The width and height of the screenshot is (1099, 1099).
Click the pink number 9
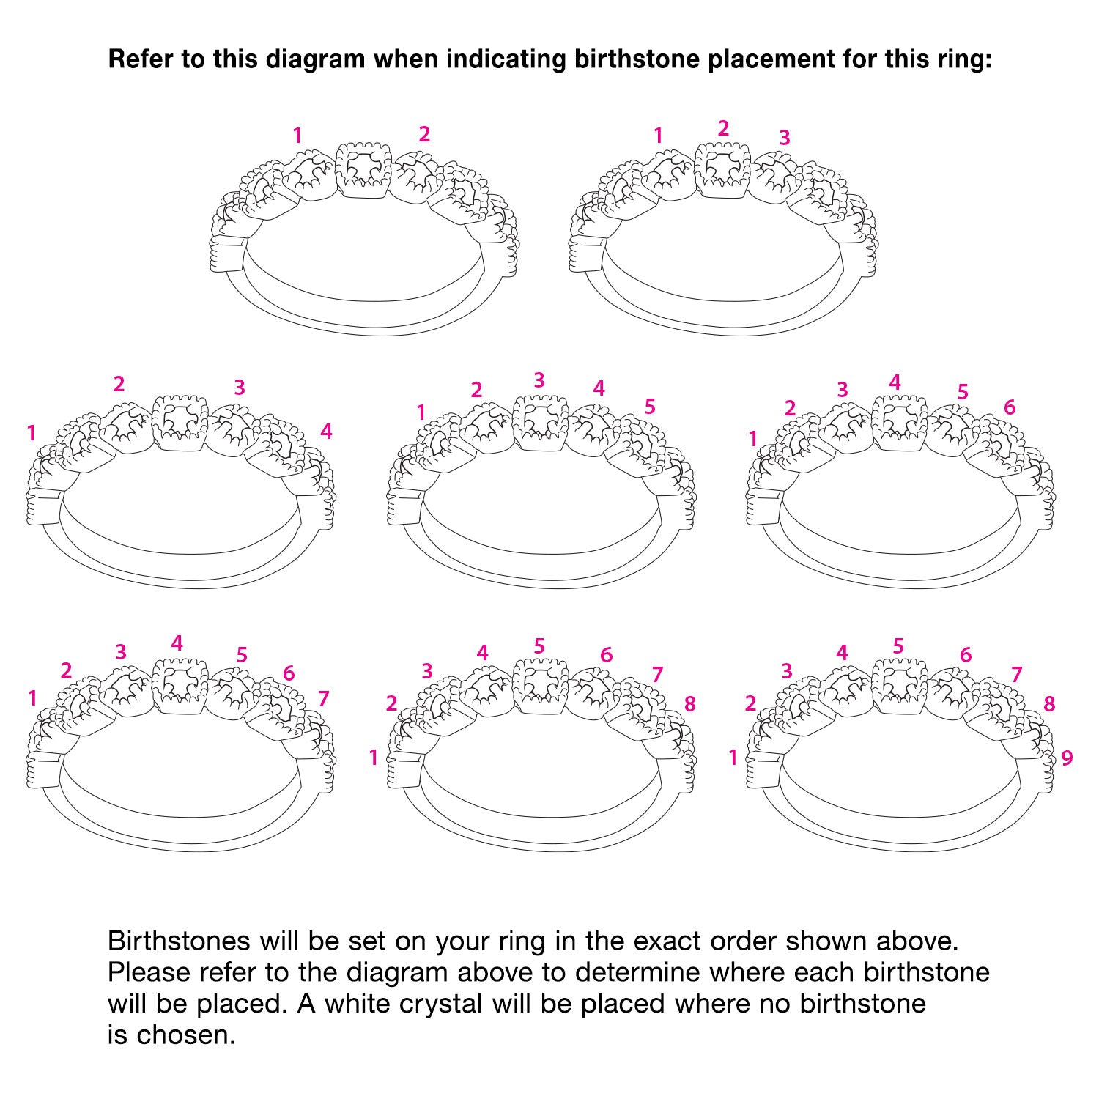point(1067,758)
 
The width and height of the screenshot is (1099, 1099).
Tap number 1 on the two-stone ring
point(297,136)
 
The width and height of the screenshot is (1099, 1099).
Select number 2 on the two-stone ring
point(424,134)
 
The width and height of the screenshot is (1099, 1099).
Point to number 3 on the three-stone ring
point(785,137)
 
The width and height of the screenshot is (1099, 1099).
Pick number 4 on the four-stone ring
point(326,432)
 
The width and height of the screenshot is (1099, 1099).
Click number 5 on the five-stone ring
point(650,406)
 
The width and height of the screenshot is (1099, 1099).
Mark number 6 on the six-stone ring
point(1010,407)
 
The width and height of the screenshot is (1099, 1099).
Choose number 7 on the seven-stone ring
point(323,699)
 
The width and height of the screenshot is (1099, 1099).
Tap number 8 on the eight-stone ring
point(689,704)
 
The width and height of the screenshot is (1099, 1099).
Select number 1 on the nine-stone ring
point(733,758)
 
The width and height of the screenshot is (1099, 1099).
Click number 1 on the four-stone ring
point(31,434)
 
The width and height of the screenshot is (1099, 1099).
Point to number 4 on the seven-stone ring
point(177,643)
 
